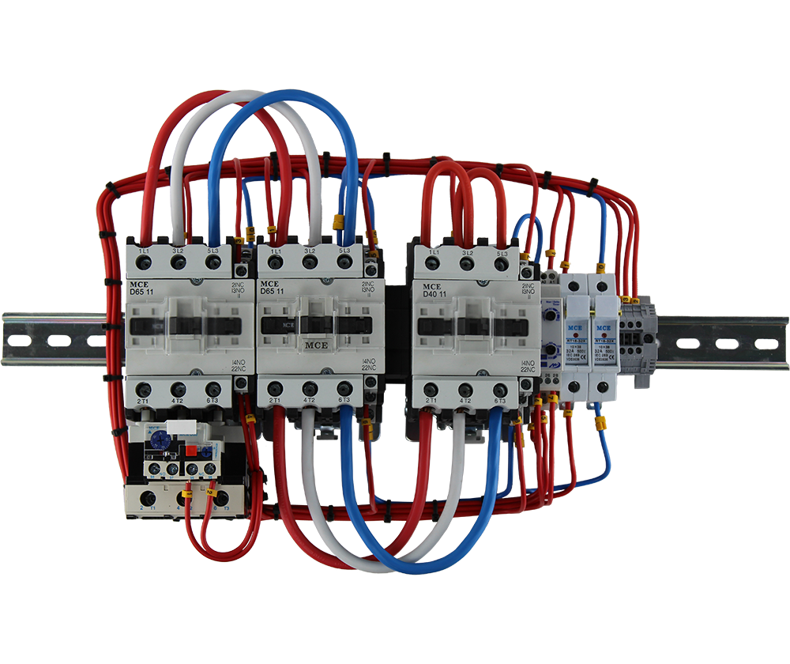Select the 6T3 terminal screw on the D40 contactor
[501, 390]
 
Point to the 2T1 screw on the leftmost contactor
[144, 389]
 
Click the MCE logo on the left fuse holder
[577, 326]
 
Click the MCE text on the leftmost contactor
[138, 285]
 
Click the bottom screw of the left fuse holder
[576, 387]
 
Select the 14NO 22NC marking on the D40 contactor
[529, 365]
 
